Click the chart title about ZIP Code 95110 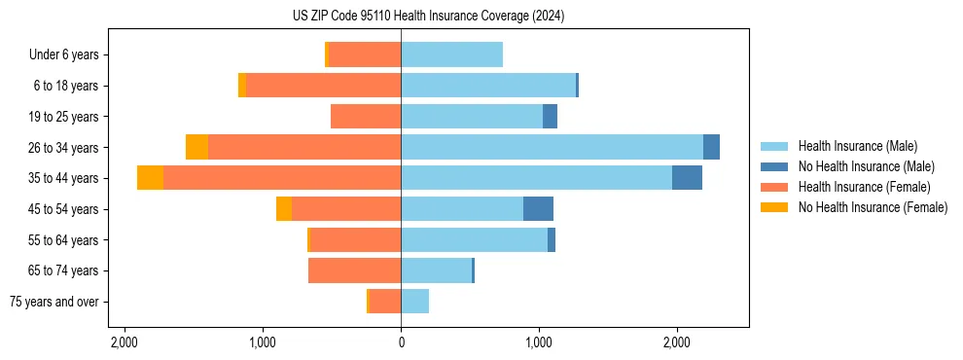428,17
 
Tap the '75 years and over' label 53,302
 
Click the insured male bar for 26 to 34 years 552,147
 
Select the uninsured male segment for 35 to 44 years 687,178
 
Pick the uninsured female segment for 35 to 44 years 150,178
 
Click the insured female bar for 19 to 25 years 366,117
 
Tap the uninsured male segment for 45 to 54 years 538,209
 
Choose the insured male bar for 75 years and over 414,302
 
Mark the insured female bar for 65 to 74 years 354,270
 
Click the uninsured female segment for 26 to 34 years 196,147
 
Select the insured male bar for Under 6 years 451,54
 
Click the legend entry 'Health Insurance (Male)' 857,146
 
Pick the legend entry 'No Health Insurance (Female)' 873,207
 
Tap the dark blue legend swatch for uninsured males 774,166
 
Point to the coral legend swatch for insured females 774,187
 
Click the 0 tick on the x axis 401,342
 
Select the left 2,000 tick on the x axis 125,342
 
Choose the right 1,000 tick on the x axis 539,342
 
